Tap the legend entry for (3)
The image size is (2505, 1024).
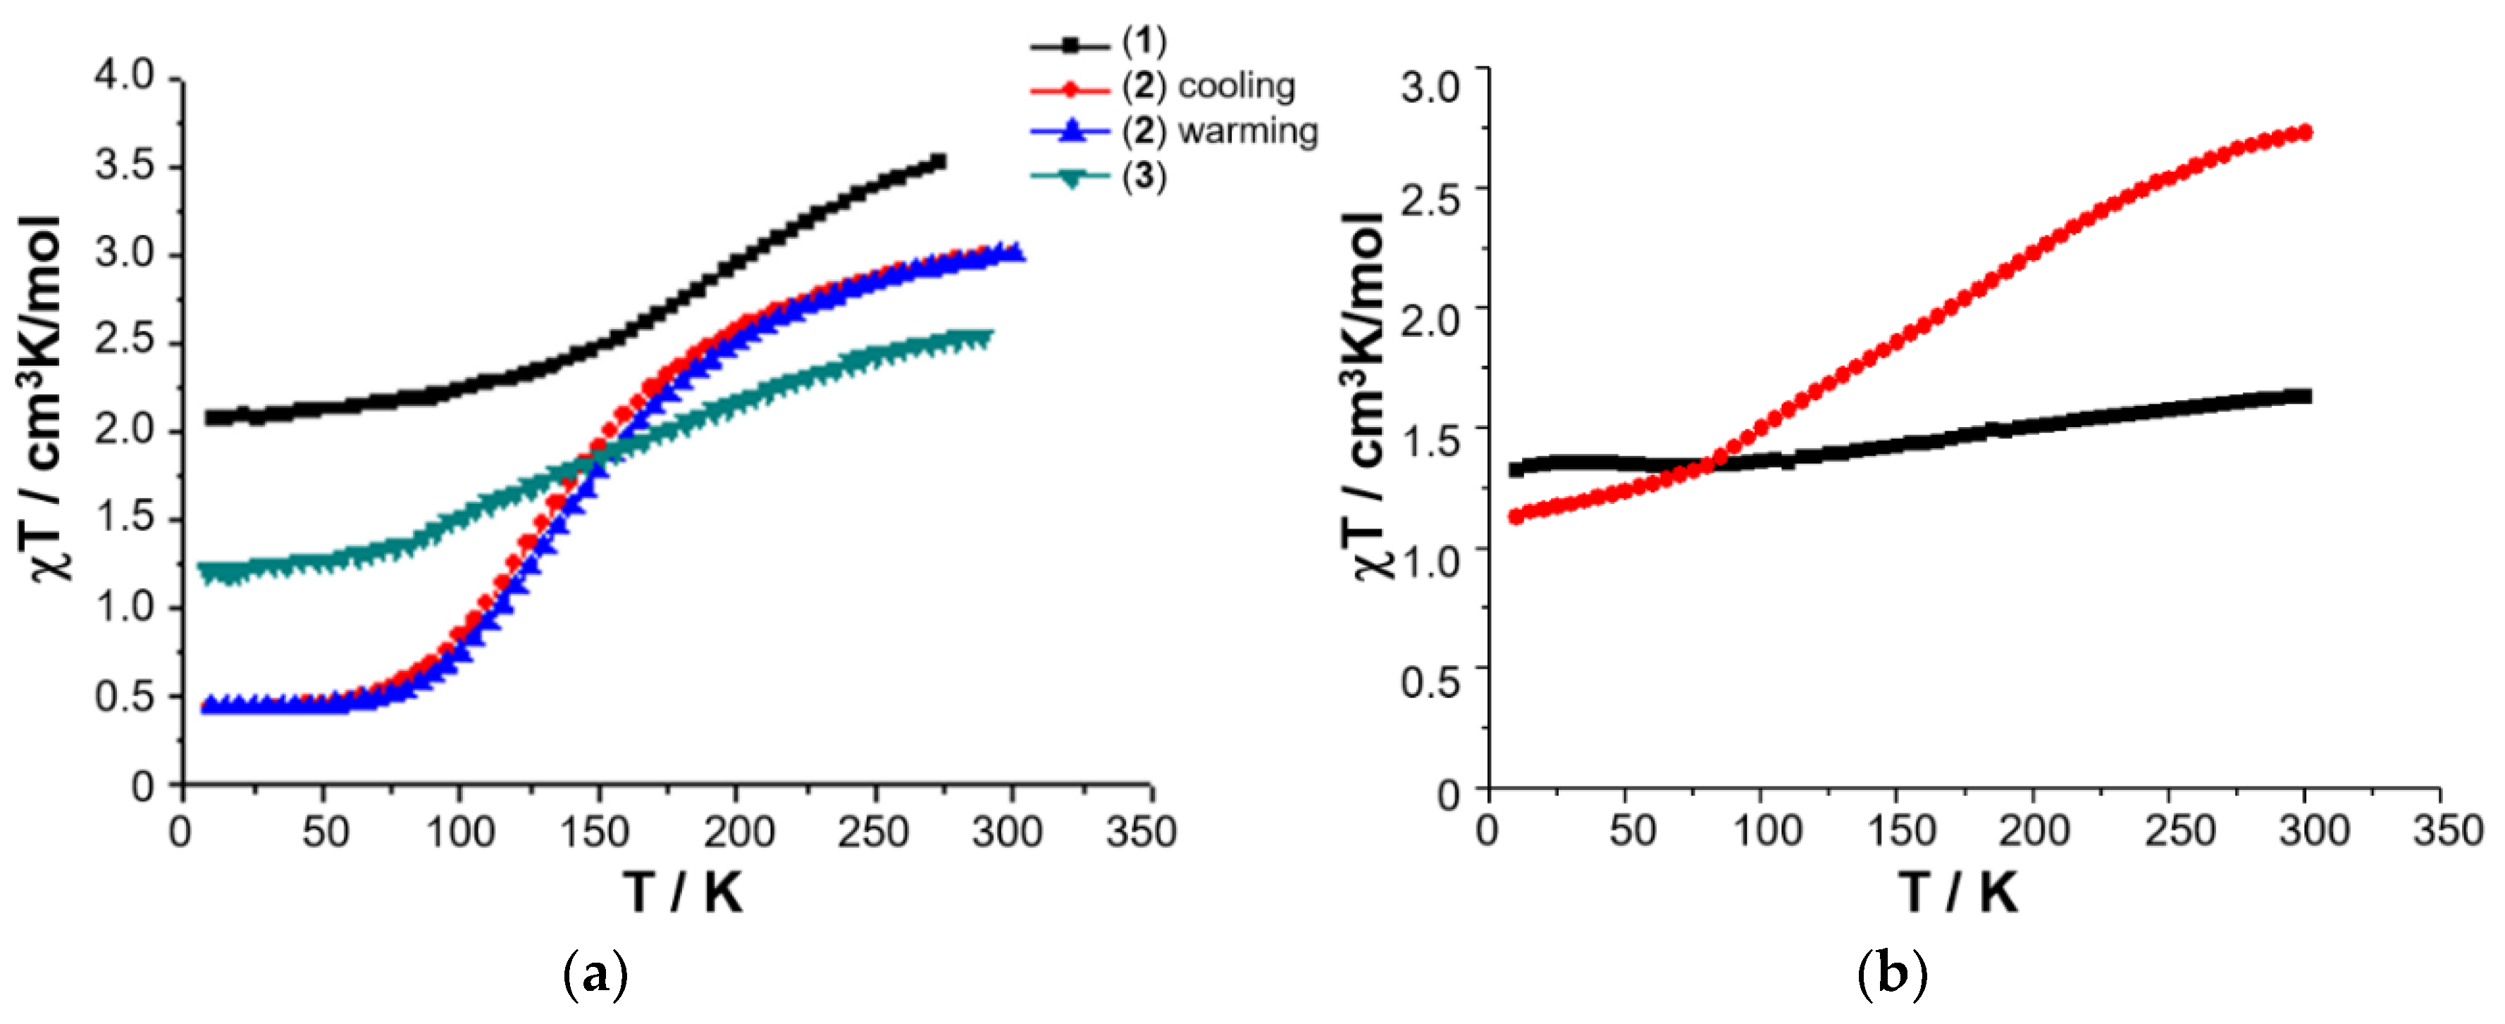[x=1144, y=177]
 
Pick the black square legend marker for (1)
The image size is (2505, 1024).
[x=1070, y=44]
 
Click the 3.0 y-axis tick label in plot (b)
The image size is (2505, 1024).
[x=1430, y=85]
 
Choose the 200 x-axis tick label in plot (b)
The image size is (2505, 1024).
[x=2034, y=832]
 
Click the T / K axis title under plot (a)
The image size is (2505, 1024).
[x=684, y=892]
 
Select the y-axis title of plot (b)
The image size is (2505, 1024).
[x=1366, y=394]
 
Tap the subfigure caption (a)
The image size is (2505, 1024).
[x=595, y=973]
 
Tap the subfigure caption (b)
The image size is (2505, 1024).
[x=1891, y=973]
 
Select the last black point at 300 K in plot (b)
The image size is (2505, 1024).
[x=2303, y=396]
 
